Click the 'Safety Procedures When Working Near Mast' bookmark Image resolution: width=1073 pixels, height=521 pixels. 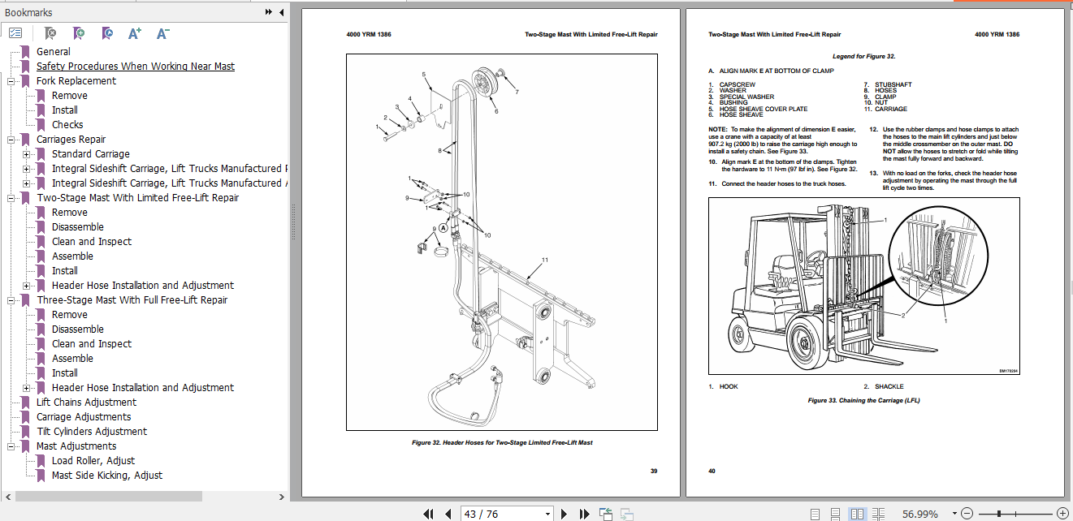coord(135,67)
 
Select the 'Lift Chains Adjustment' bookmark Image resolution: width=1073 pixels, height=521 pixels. coord(86,403)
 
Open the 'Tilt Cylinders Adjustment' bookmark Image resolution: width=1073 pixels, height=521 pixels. coord(91,432)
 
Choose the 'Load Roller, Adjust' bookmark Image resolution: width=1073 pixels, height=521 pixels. coord(93,461)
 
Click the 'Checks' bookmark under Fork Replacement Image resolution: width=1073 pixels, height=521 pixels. coord(67,125)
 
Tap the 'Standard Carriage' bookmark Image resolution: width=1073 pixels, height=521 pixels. coord(90,154)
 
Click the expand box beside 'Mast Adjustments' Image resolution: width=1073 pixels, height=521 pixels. coord(11,446)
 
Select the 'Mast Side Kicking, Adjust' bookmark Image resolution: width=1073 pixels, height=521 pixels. coord(106,476)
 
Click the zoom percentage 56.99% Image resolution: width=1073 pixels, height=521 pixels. coord(919,514)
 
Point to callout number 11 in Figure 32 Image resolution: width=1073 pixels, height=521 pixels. coord(545,260)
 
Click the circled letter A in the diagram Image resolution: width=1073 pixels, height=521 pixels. coord(443,229)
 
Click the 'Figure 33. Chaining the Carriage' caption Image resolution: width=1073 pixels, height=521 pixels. coord(863,400)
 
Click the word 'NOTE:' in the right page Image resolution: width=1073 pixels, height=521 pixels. coord(717,129)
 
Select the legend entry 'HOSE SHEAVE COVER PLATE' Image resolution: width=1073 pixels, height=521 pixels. coord(763,109)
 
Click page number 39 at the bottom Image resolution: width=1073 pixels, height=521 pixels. coord(653,471)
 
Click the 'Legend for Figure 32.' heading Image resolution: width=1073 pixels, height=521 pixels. coord(863,57)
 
